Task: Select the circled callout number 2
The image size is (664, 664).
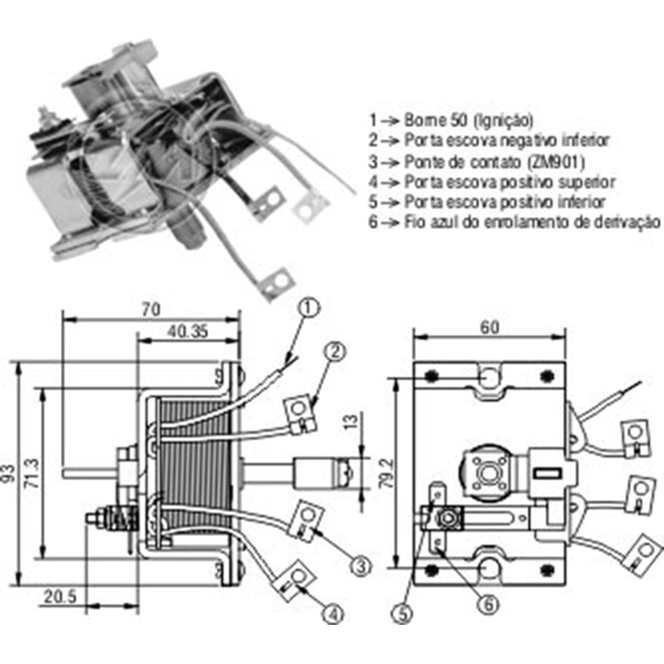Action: pos(335,353)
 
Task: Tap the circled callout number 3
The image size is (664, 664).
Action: pos(359,566)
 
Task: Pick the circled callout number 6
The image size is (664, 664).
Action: pos(487,604)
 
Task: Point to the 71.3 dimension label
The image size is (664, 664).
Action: pos(29,472)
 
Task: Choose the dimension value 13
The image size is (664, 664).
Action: pos(351,423)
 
